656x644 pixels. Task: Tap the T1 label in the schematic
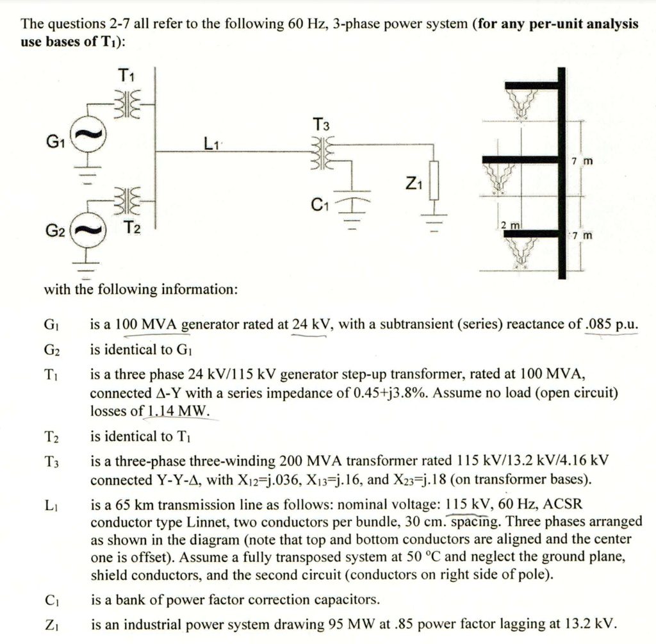(126, 76)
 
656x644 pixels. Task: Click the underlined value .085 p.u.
(612, 324)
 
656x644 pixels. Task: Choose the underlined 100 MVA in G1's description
(147, 324)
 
